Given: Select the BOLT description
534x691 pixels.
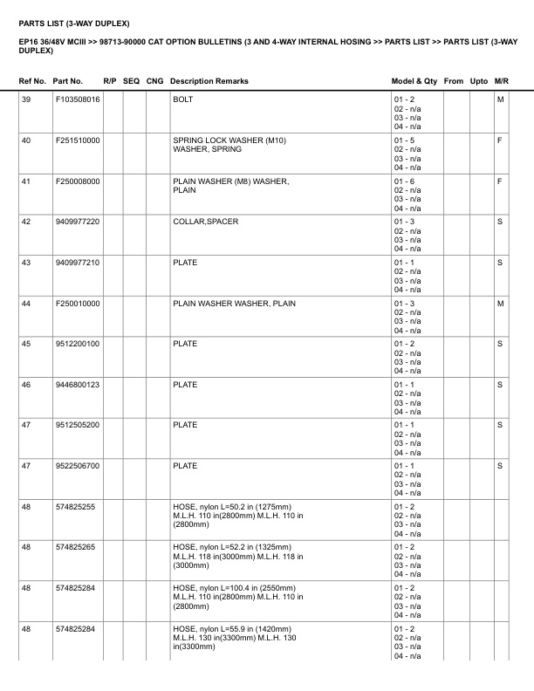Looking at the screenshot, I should [183, 99].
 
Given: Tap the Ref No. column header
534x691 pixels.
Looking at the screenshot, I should [33, 81].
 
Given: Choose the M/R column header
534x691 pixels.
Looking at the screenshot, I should [501, 81].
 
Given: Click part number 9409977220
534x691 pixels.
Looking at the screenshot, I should [77, 222].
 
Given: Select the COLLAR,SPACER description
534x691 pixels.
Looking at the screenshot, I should [205, 222].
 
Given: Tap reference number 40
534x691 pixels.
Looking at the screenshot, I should [26, 140].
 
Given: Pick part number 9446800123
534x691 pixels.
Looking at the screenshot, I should [77, 385].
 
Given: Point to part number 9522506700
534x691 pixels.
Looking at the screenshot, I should [77, 466].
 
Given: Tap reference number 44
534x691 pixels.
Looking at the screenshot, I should [26, 304].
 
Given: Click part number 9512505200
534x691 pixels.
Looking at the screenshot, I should [77, 425].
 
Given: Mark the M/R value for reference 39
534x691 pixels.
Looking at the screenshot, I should [500, 99].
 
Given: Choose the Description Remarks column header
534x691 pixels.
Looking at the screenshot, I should [209, 81].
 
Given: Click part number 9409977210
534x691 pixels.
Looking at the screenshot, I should [77, 263].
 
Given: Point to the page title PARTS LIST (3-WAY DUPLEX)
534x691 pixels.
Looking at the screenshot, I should [73, 22].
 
